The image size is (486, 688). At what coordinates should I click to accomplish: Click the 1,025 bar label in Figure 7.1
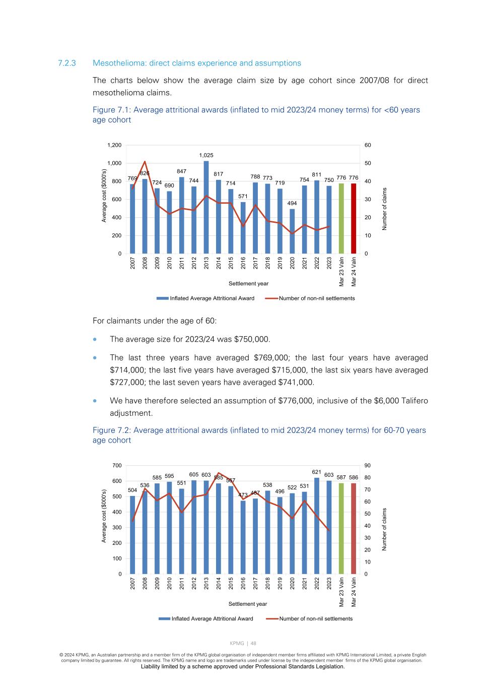206,155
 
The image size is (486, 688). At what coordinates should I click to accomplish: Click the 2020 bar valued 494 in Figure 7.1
292,231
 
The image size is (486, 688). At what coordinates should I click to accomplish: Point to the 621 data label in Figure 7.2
317,472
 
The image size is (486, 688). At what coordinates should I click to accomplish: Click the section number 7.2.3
66,63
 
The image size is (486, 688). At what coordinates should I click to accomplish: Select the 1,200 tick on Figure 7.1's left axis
114,145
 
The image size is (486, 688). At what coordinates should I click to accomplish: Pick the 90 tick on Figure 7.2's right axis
368,465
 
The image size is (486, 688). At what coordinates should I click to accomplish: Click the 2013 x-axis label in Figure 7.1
206,263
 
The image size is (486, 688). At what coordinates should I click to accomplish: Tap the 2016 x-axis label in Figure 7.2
243,583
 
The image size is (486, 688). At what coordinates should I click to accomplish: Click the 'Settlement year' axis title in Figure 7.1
248,284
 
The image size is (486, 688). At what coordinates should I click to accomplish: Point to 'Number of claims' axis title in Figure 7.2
384,529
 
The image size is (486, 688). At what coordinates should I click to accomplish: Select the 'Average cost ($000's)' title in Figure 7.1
104,195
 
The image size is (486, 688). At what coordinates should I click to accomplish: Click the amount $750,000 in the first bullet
252,339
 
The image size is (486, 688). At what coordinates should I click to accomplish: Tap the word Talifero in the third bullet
412,401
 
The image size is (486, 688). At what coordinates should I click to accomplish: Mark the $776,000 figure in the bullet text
294,401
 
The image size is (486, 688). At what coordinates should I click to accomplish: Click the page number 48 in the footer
253,643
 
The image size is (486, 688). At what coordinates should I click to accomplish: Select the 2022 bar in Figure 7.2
317,526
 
